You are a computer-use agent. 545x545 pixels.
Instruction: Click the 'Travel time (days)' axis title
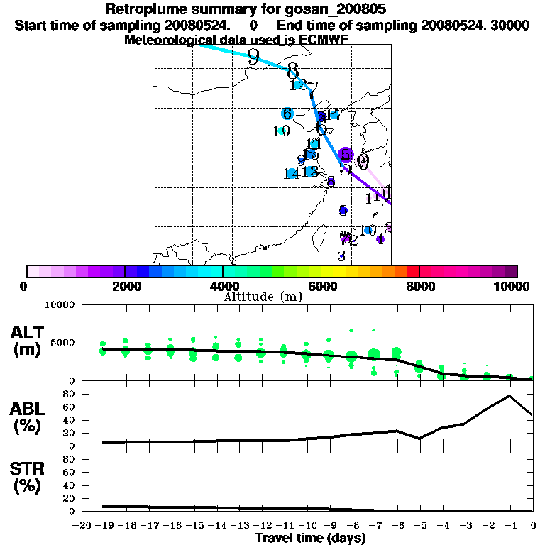pos(310,538)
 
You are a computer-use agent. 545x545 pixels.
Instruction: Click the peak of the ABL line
pos(509,396)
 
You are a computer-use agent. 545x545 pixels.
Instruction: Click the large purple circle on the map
pos(346,155)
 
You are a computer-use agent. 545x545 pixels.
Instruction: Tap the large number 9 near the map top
pos(254,57)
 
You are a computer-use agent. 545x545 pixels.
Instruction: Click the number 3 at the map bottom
pos(341,256)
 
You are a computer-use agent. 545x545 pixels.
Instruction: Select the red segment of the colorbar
pos(412,271)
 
